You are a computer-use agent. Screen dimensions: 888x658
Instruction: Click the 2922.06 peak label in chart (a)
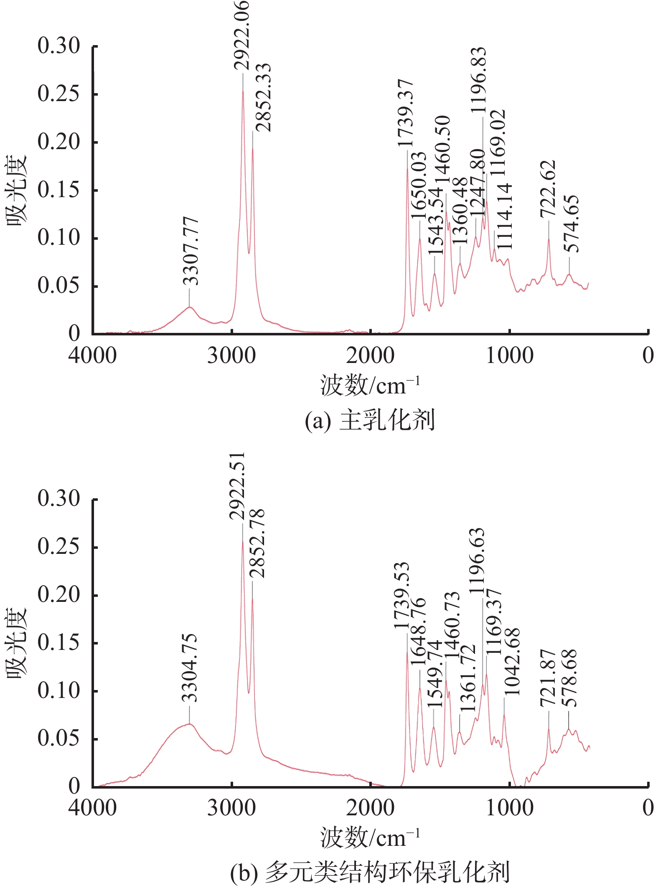(x=241, y=35)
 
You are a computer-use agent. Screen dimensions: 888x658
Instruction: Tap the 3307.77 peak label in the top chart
(x=191, y=251)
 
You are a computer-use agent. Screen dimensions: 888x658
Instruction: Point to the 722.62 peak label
(x=548, y=189)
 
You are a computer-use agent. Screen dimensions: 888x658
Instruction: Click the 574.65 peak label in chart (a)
(x=571, y=224)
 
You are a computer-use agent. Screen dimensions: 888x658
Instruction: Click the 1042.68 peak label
(x=511, y=662)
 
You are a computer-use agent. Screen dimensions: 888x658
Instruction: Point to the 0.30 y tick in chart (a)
(x=58, y=46)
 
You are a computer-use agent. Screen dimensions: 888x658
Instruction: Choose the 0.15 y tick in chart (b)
(x=58, y=643)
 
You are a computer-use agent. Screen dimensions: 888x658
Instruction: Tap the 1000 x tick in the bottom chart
(x=509, y=808)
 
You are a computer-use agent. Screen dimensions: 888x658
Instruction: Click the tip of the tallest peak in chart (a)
(x=243, y=91)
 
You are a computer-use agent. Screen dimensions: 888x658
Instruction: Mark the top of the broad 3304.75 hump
(x=189, y=724)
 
